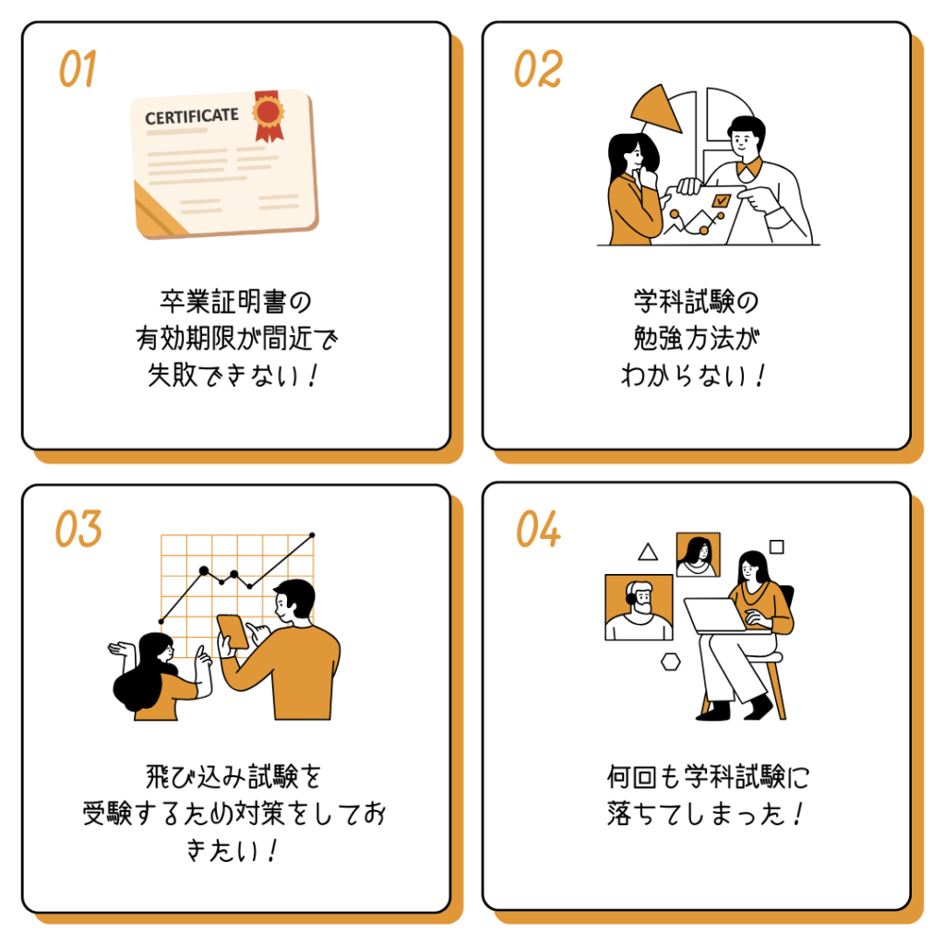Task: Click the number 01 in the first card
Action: click(78, 70)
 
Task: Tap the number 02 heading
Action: click(537, 70)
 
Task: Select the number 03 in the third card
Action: click(78, 530)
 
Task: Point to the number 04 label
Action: click(538, 530)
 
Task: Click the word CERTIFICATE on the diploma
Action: click(191, 116)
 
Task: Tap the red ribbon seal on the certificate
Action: click(268, 114)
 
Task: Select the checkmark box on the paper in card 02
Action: click(722, 199)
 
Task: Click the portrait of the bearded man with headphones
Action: click(639, 607)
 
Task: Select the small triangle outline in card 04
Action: click(648, 552)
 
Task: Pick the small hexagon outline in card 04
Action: click(670, 661)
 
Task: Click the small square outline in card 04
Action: click(777, 546)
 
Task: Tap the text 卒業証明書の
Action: click(236, 302)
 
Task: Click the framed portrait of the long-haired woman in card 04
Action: click(698, 555)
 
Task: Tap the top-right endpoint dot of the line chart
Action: click(312, 534)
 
